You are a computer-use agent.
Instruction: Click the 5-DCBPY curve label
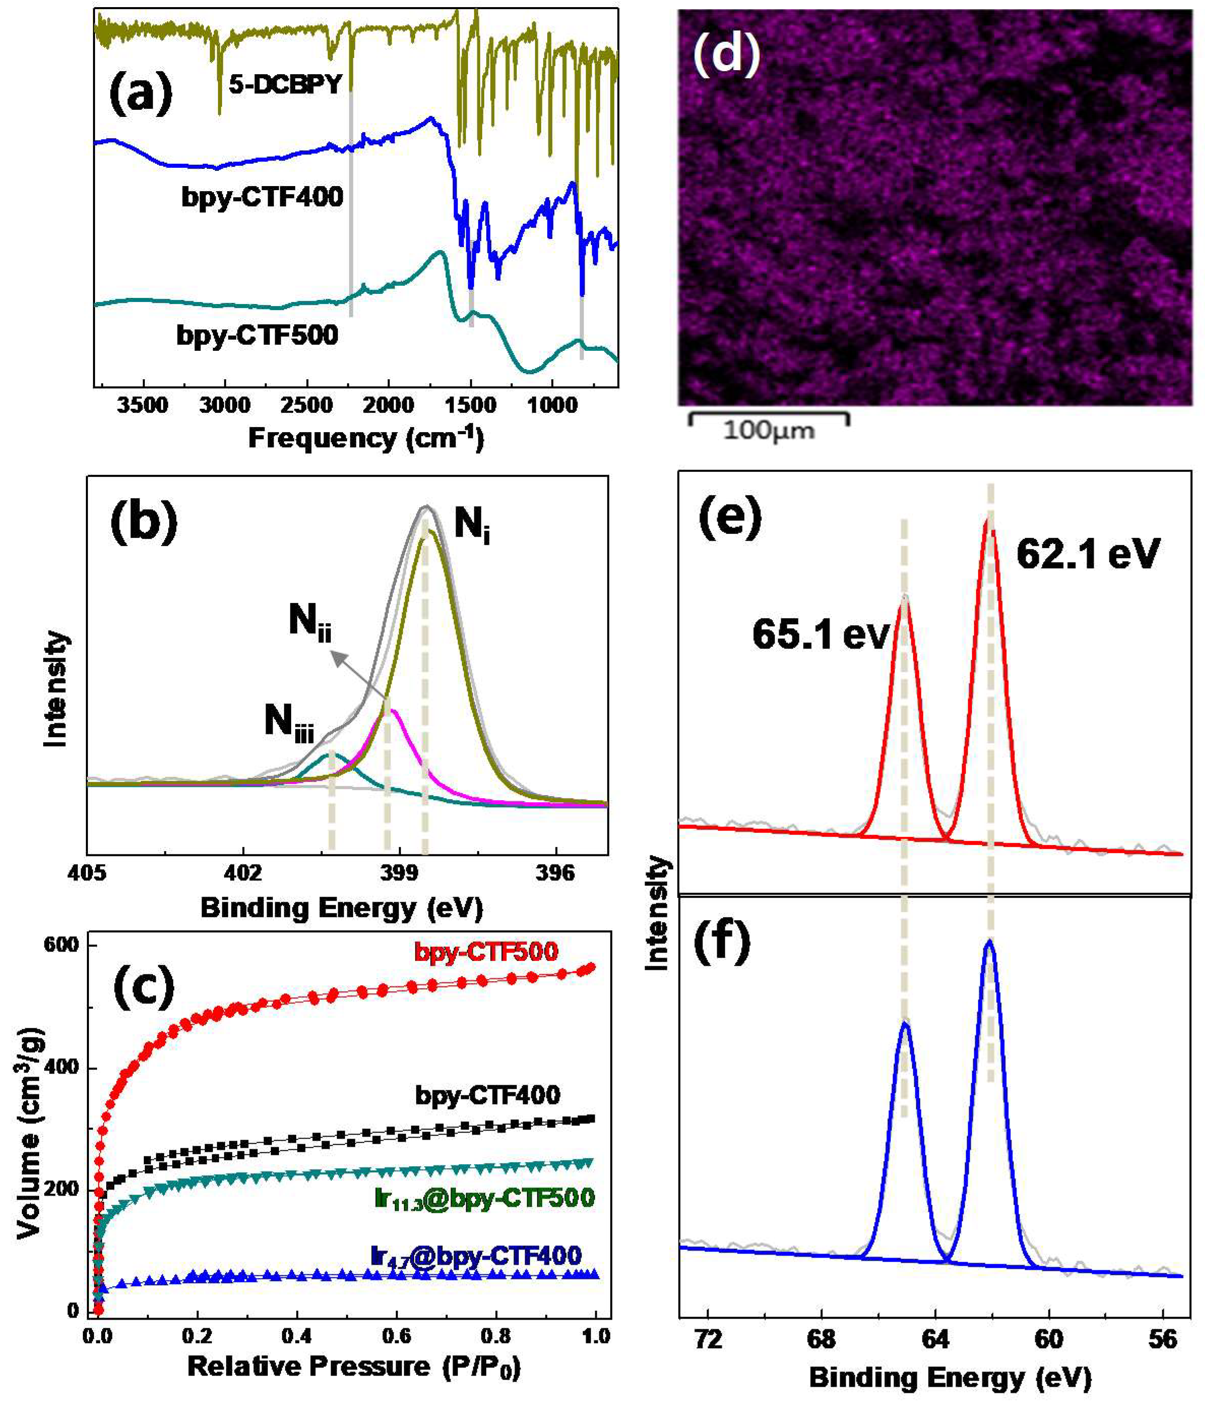[284, 84]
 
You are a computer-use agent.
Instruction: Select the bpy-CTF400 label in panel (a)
[262, 197]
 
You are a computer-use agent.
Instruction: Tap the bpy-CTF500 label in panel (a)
[258, 335]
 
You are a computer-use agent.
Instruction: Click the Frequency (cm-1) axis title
[366, 439]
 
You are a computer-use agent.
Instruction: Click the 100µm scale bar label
[769, 431]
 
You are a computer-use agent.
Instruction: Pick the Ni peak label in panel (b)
[471, 524]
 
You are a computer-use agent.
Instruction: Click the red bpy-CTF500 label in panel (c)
[486, 952]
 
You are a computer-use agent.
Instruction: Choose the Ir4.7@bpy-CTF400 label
[477, 1256]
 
